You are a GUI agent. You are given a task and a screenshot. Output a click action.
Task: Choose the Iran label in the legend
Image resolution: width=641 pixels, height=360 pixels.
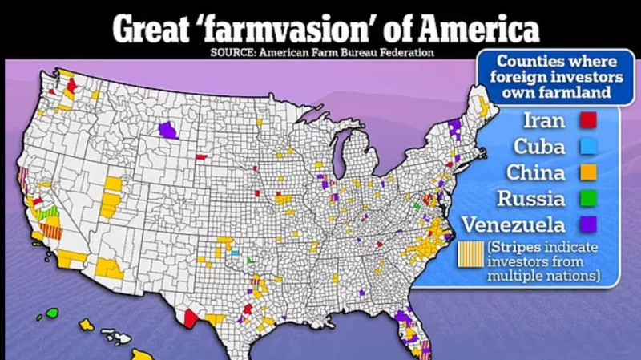(543, 121)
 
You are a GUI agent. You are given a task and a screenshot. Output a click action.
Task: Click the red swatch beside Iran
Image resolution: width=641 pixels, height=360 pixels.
(588, 121)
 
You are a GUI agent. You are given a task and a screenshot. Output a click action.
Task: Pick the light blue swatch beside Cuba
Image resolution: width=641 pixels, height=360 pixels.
(588, 147)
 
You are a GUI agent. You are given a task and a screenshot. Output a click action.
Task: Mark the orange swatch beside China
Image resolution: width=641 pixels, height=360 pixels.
(588, 172)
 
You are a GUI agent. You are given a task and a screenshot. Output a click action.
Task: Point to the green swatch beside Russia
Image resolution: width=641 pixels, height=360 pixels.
(588, 197)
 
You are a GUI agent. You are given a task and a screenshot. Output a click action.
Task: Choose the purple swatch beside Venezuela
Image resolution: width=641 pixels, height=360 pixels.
(588, 224)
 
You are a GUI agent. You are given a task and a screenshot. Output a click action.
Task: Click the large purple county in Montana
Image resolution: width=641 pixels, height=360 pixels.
(167, 128)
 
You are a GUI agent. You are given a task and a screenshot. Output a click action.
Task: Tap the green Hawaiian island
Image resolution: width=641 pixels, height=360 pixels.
(53, 313)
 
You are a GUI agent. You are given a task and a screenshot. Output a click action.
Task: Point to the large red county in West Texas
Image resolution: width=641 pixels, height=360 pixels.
(191, 318)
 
